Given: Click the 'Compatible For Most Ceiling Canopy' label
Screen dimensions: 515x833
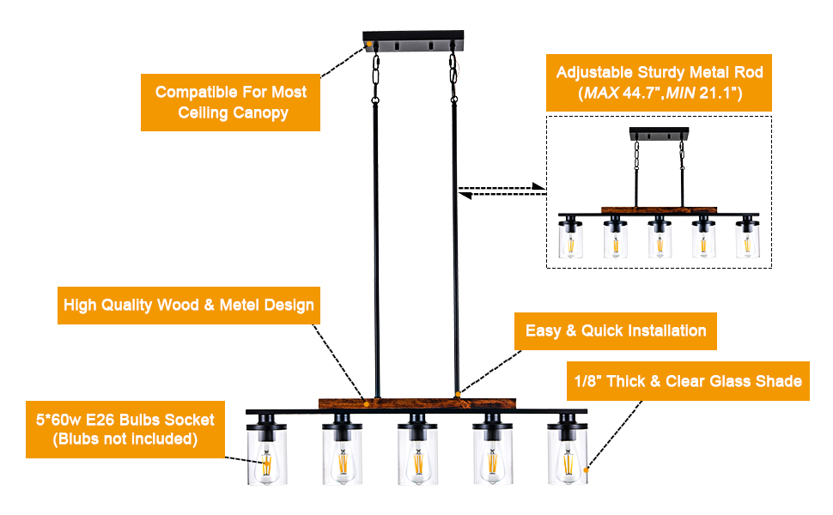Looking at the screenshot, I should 230,102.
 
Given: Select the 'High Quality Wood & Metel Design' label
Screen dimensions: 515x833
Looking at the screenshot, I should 188,306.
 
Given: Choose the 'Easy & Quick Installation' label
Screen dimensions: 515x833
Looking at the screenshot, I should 615,330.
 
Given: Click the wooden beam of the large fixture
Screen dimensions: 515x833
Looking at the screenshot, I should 416,401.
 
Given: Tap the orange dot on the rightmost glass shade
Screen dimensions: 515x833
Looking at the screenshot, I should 587,470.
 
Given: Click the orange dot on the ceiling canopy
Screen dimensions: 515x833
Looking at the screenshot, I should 368,42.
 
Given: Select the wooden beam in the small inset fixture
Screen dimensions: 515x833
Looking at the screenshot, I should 659,209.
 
